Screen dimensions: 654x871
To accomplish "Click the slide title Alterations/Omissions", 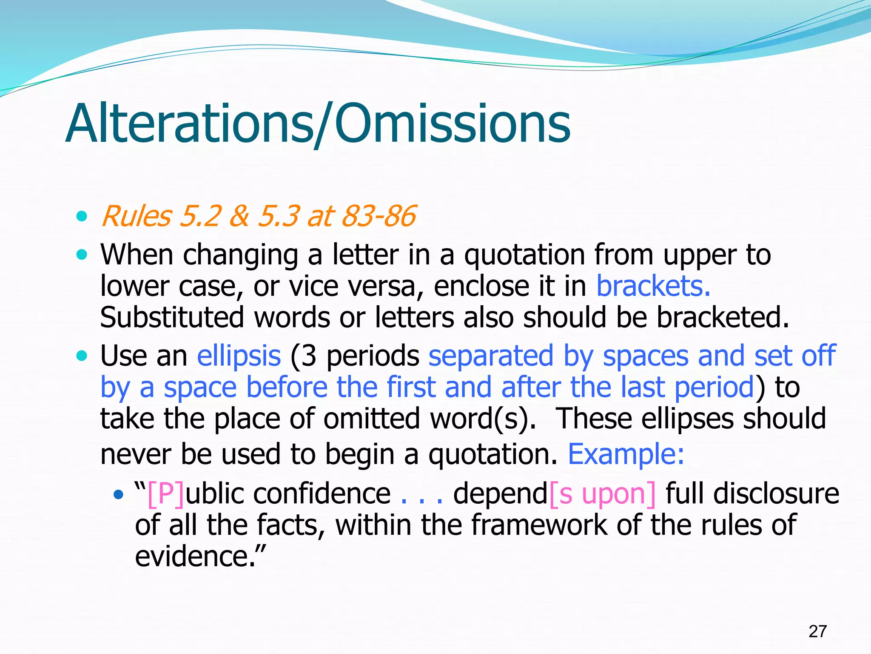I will coord(318,124).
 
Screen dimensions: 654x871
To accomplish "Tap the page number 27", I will coord(817,631).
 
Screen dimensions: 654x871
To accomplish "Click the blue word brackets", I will coord(653,286).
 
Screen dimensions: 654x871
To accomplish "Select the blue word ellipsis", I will coord(239,356).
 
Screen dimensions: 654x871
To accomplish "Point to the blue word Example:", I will coord(626,454).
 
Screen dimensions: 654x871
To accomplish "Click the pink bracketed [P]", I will coord(166,494).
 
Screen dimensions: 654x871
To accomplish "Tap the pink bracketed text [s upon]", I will coord(602,494).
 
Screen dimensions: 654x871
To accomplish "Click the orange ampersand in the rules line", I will coord(239,216).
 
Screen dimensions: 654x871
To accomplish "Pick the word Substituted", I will coord(172,317).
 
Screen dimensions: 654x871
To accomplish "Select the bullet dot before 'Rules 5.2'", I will coord(81,216).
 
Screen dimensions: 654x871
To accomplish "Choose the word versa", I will coord(386,286).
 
